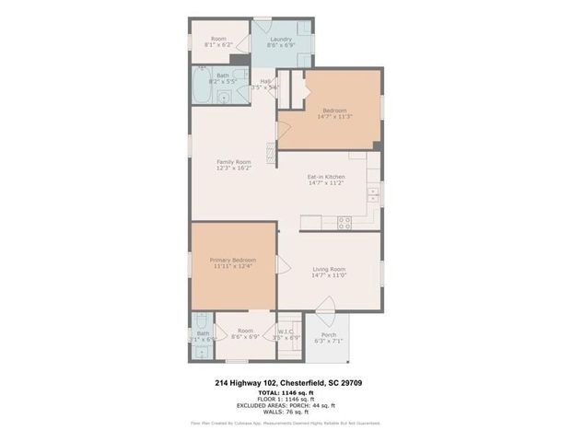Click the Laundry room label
tap(281, 39)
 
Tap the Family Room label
tap(234, 161)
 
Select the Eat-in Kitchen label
tap(326, 177)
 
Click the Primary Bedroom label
tap(234, 261)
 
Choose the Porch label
tap(329, 335)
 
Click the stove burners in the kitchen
tap(344, 221)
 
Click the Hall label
tap(265, 81)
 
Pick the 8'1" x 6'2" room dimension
tap(218, 44)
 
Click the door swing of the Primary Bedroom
tap(284, 266)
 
